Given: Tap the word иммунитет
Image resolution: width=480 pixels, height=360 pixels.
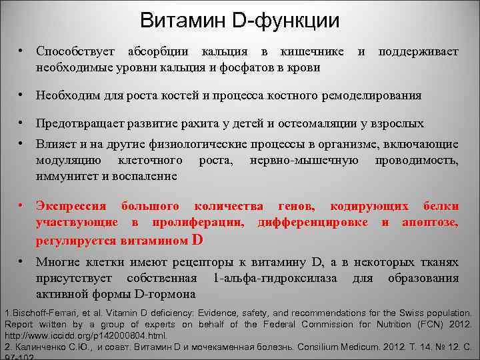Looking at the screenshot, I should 65,177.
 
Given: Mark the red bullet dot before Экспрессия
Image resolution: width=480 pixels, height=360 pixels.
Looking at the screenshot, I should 22,205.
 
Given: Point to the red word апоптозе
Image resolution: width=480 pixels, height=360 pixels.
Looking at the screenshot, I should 430,221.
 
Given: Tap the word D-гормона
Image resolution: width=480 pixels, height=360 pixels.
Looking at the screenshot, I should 165,294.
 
